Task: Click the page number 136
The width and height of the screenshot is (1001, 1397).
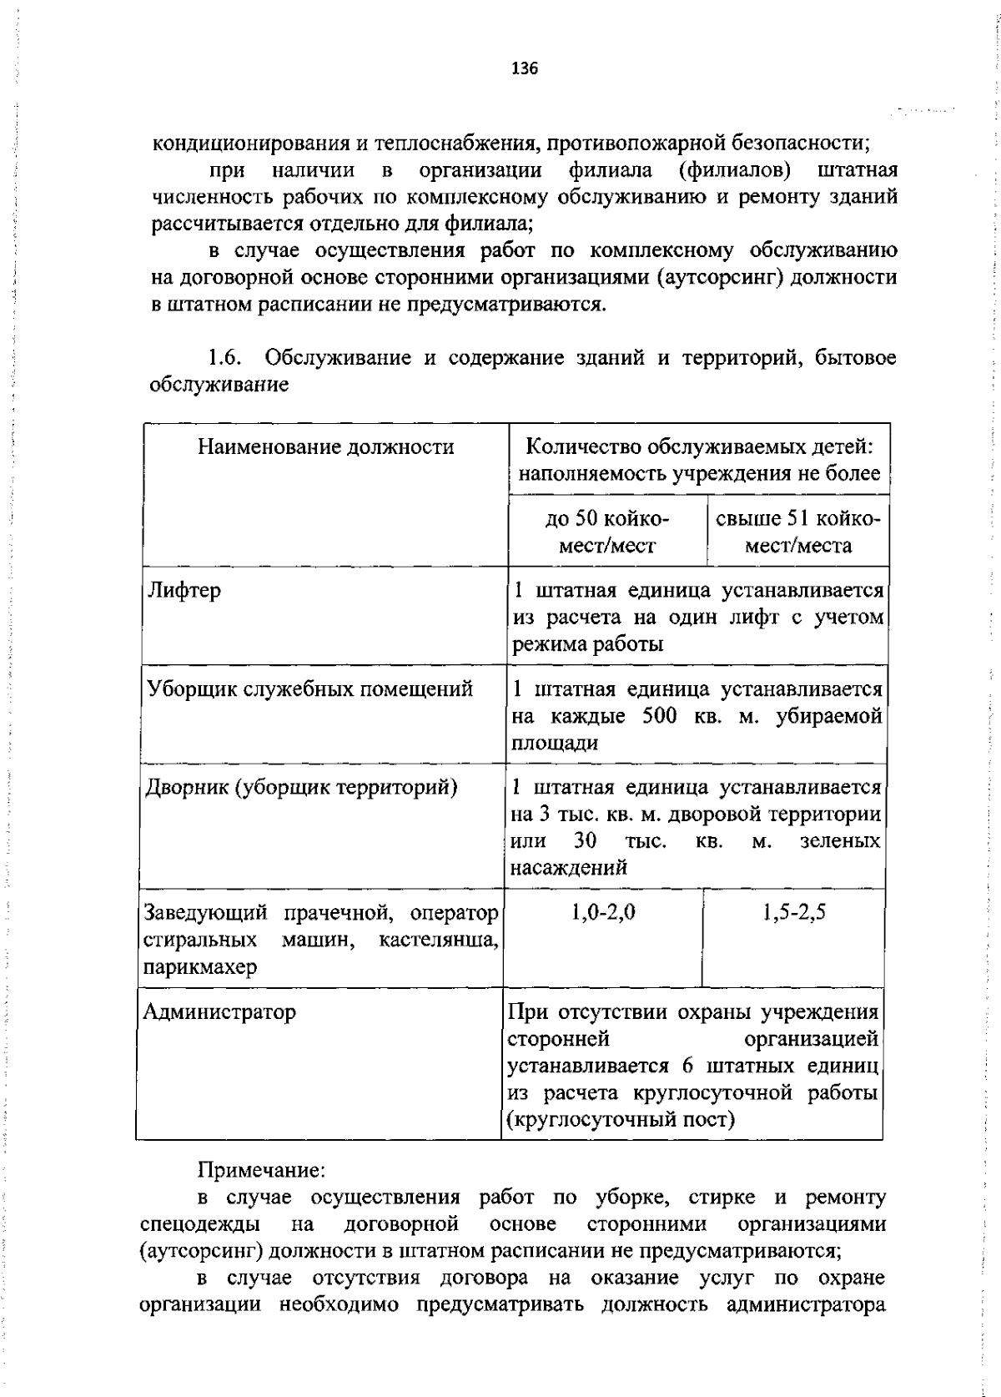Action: [x=525, y=69]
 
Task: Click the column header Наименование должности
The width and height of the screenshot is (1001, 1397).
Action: [x=325, y=447]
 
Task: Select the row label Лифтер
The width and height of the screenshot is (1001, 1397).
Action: [x=184, y=591]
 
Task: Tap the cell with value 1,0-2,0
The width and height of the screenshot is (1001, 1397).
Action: [x=604, y=912]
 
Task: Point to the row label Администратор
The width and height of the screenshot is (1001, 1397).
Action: [x=219, y=1012]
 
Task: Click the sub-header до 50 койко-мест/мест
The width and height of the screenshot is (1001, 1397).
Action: [x=606, y=532]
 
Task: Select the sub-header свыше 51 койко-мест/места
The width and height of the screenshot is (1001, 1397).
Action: [x=797, y=532]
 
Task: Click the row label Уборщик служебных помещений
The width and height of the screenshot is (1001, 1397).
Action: [x=309, y=689]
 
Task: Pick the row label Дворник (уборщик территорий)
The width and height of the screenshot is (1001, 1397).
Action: [x=301, y=787]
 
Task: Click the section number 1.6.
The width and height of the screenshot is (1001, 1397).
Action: [x=224, y=358]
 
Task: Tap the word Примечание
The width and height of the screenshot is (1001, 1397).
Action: [x=259, y=1170]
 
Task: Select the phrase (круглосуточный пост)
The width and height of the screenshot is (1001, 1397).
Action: [x=621, y=1119]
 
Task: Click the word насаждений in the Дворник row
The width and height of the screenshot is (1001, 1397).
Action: [x=567, y=868]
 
